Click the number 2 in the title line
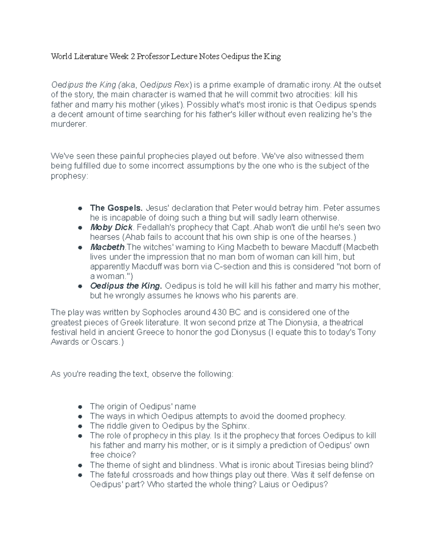[133, 57]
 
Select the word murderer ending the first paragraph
[69, 124]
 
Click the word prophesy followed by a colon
[69, 176]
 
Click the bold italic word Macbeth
[107, 247]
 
